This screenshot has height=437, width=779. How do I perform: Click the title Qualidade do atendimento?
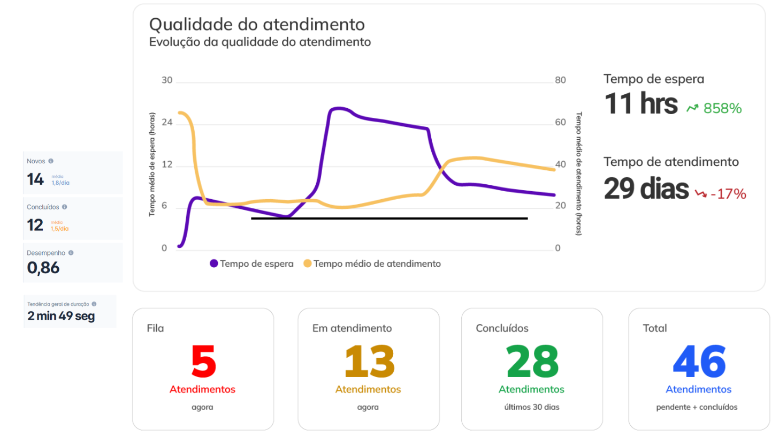(257, 25)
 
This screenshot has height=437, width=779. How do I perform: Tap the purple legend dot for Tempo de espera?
(214, 263)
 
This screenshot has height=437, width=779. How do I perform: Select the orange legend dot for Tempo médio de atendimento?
(307, 263)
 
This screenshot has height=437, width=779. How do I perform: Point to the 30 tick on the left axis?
(167, 80)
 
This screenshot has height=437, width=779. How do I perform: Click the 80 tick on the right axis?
(560, 80)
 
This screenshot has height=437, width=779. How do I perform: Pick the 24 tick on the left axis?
(167, 123)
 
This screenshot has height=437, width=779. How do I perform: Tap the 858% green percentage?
(722, 108)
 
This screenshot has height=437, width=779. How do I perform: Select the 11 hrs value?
(641, 104)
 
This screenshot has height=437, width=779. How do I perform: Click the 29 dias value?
(646, 189)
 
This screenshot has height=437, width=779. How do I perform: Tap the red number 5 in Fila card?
(203, 362)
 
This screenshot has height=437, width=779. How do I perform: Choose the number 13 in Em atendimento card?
(369, 362)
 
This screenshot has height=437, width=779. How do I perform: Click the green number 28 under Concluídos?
(532, 362)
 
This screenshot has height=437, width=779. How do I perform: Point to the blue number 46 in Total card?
(699, 362)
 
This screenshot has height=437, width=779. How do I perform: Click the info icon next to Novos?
(51, 161)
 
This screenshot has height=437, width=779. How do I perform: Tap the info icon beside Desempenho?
(71, 253)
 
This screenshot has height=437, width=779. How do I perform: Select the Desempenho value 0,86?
(43, 268)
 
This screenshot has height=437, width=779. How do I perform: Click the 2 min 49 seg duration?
(61, 316)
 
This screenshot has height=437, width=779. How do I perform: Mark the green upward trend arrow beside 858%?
(692, 108)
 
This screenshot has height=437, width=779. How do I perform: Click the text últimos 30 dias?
(532, 407)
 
